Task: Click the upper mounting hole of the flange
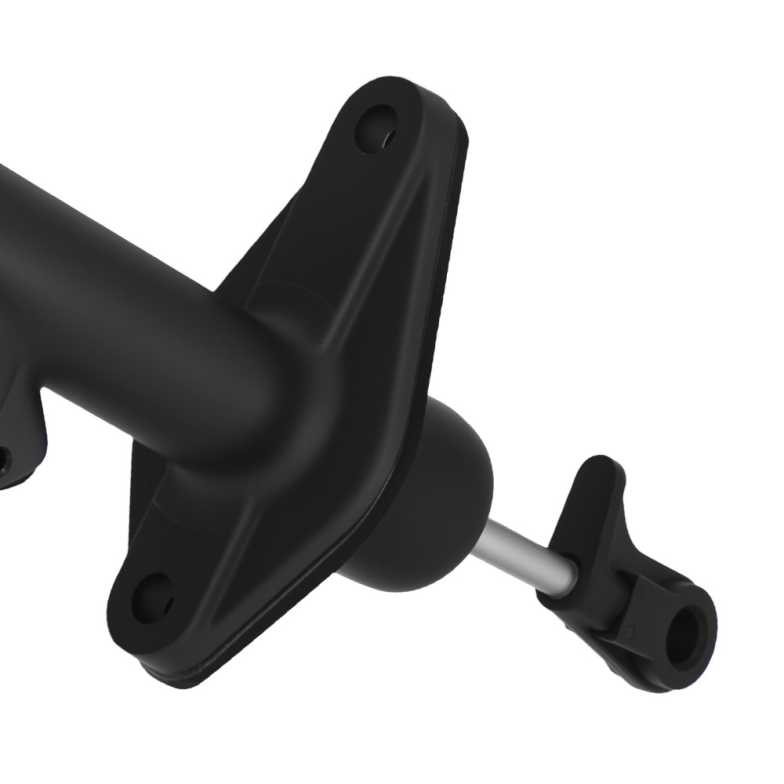click(x=376, y=129)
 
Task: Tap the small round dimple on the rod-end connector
click(x=630, y=630)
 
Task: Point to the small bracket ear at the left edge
click(x=20, y=439)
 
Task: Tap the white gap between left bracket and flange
click(x=86, y=463)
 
